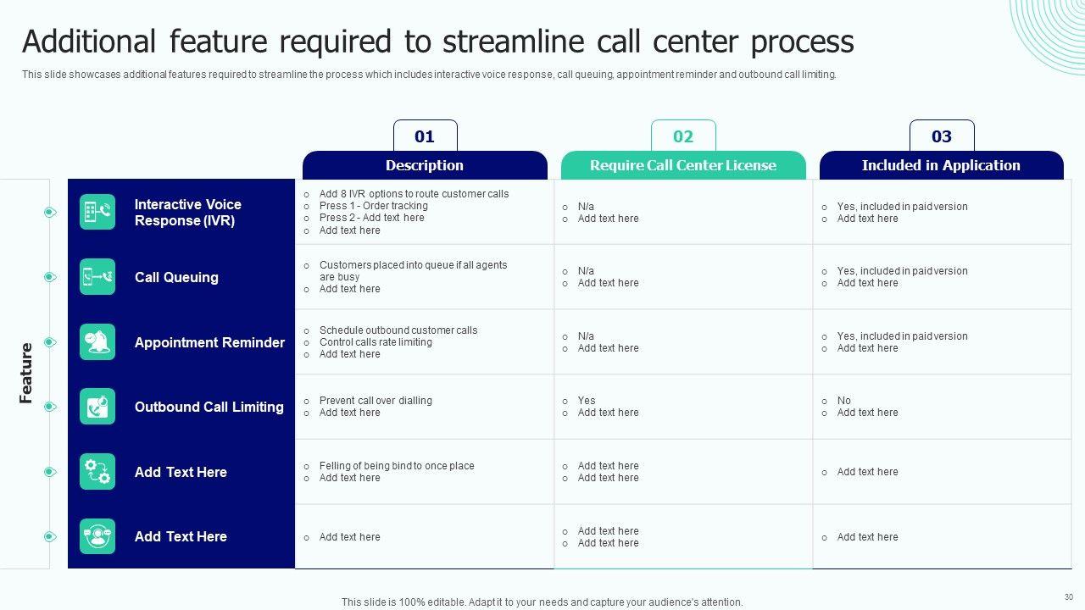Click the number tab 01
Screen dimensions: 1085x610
(x=425, y=136)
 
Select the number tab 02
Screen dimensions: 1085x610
(x=683, y=136)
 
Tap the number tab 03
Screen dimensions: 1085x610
(x=942, y=136)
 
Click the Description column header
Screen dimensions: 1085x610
(x=425, y=165)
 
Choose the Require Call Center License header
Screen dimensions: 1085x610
(x=683, y=165)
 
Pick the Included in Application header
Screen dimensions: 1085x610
(x=941, y=165)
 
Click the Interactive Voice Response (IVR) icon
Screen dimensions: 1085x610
(x=97, y=212)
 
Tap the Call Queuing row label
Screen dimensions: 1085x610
(x=176, y=277)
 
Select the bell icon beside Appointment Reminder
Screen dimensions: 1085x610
(x=97, y=341)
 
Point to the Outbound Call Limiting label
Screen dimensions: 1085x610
(x=209, y=407)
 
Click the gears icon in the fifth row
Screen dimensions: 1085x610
(x=97, y=472)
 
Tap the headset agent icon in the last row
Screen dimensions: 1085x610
(x=97, y=536)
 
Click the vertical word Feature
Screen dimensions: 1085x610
(x=25, y=374)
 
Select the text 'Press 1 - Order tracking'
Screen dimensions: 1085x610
(x=374, y=206)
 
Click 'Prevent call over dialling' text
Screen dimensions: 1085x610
(x=376, y=401)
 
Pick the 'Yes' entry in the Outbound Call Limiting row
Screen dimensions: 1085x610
(x=586, y=401)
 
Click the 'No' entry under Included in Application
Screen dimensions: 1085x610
(x=843, y=401)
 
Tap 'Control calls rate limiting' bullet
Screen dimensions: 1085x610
(x=376, y=341)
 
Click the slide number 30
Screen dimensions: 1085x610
(x=1069, y=597)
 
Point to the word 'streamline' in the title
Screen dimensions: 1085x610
(x=514, y=42)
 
